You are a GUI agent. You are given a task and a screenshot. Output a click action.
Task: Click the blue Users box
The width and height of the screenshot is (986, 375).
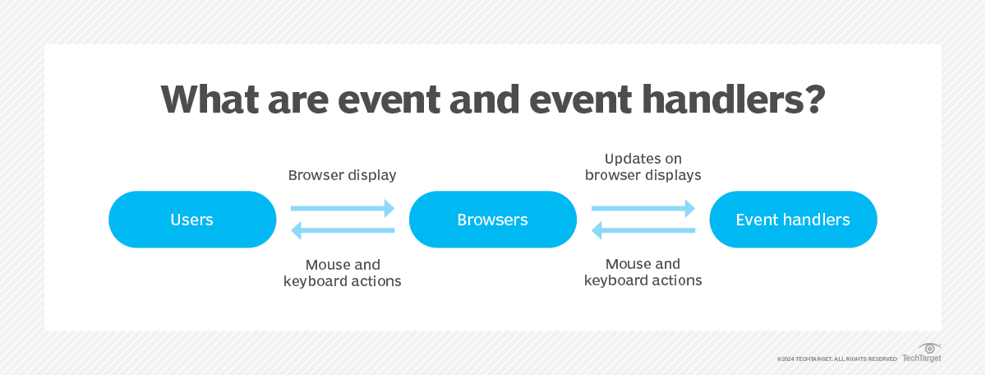tap(192, 220)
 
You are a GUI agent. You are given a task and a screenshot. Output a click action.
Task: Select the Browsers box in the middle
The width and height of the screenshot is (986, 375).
tap(493, 220)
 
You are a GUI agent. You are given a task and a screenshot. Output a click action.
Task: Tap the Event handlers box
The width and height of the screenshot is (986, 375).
tap(793, 220)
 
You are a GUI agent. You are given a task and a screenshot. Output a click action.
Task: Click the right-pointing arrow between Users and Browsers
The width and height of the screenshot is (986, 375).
tap(343, 209)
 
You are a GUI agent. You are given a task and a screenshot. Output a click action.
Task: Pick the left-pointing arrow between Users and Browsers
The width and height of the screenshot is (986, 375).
tap(343, 232)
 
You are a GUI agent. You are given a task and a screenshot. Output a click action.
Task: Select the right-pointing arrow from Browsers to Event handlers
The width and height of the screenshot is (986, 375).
tap(643, 209)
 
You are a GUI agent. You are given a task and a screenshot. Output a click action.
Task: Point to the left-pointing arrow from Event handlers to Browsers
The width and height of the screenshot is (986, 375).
tap(643, 232)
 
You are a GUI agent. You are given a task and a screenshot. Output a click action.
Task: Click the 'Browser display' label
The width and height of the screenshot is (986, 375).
tap(343, 175)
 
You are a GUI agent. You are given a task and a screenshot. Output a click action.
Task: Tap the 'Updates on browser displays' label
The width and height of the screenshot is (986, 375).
tap(643, 167)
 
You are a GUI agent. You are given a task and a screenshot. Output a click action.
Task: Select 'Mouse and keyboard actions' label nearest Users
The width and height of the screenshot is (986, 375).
tap(343, 273)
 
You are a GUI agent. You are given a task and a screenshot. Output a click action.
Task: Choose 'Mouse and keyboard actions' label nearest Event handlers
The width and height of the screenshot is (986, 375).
tap(643, 272)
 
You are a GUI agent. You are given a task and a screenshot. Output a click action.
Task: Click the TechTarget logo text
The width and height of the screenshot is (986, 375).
tap(922, 359)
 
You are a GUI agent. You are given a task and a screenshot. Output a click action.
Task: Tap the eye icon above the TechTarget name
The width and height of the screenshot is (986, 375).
tap(930, 348)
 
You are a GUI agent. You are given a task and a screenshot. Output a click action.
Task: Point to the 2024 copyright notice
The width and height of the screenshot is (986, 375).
tap(836, 359)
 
